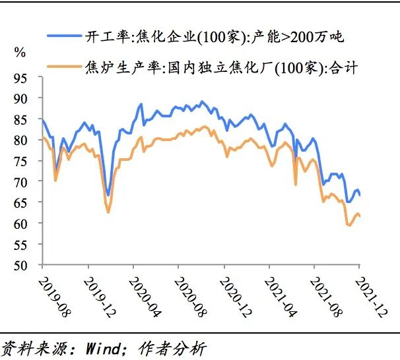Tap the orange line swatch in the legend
61,67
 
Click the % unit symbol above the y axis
20,51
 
